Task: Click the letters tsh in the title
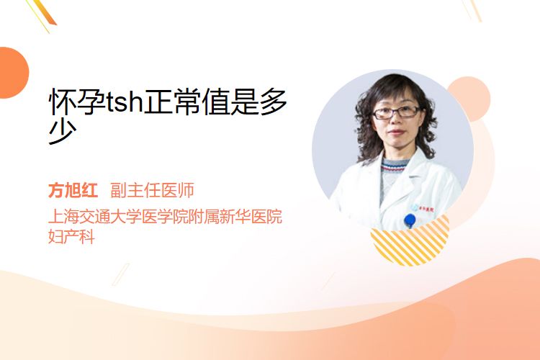125,102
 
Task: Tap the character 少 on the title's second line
63,132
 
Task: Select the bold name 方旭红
73,190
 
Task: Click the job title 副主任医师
152,190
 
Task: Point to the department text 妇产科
71,237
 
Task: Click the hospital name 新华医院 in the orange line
251,216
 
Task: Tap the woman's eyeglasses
396,112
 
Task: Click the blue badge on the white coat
410,220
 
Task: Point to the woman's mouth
396,132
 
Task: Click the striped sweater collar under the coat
395,166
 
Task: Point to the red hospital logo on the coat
425,208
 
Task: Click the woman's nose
396,120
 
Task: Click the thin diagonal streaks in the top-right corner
472,10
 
